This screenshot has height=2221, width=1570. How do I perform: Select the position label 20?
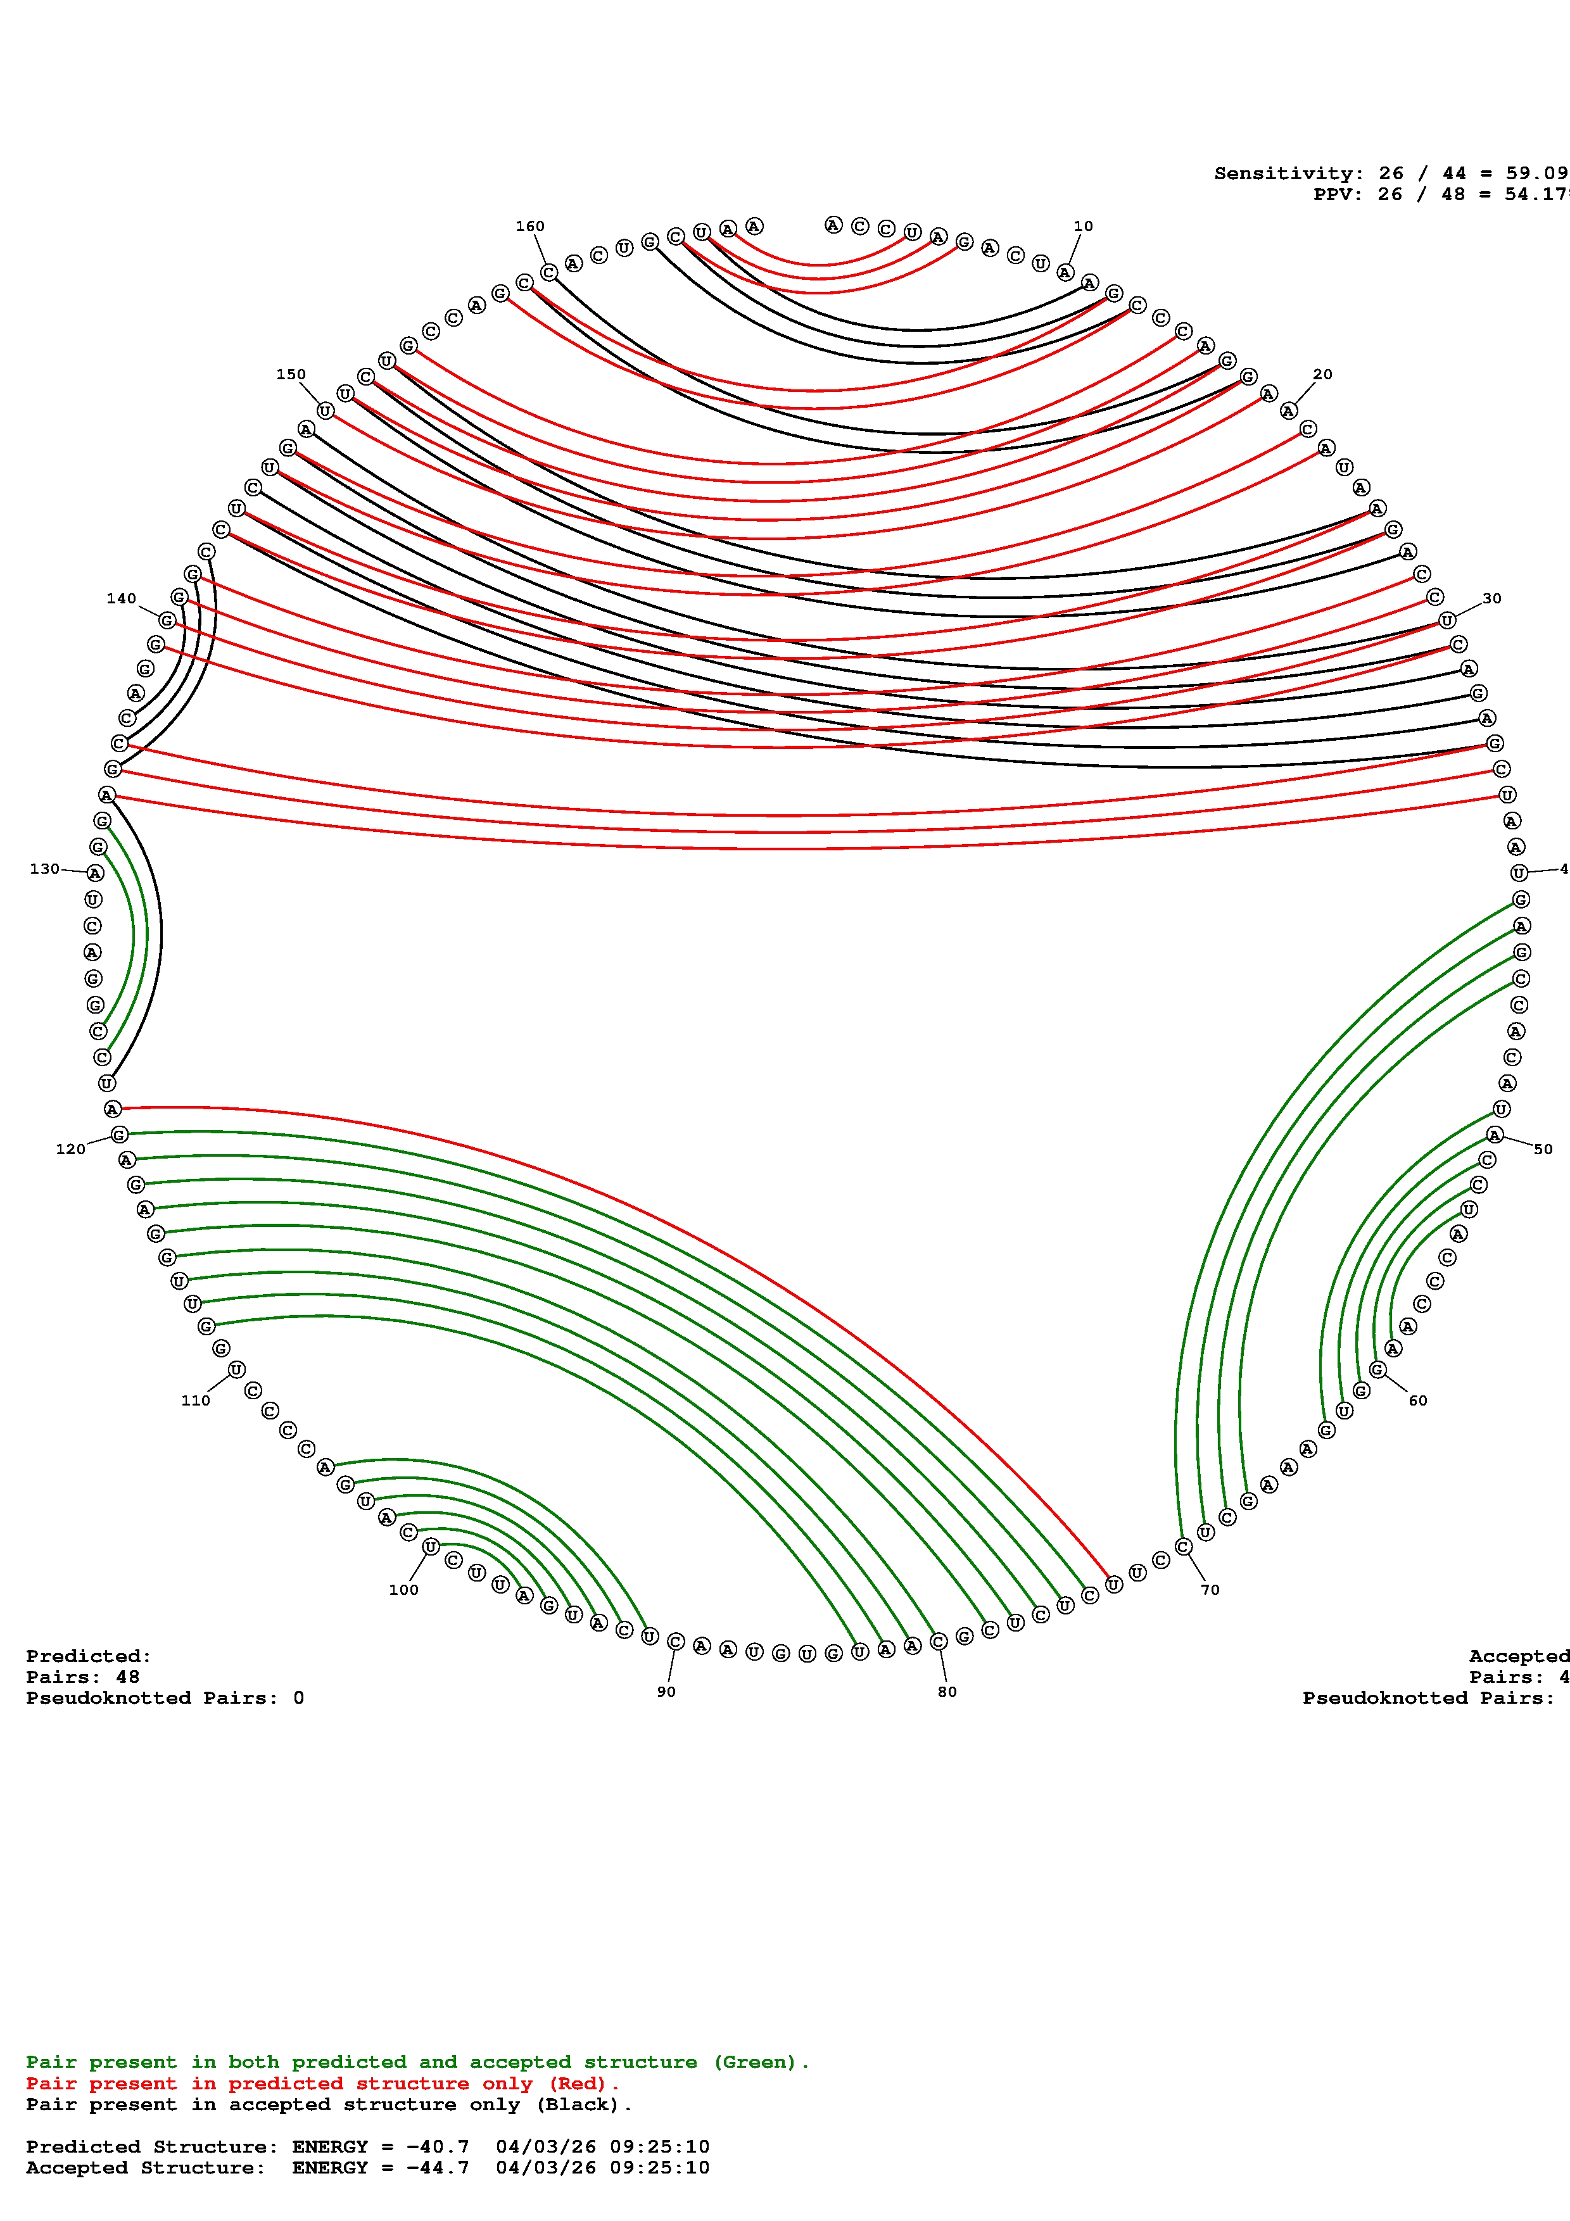coord(1322,374)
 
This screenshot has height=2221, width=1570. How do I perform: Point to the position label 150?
coord(290,374)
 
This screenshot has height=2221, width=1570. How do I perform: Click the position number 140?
coord(121,599)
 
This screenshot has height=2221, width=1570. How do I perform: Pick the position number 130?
coord(44,869)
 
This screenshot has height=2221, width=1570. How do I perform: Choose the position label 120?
coord(70,1149)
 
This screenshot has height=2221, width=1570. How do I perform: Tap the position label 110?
coord(196,1400)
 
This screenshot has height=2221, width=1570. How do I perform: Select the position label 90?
coord(666,1691)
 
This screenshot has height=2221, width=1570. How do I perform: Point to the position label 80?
coord(946,1691)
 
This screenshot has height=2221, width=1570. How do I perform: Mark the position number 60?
coord(1417,1400)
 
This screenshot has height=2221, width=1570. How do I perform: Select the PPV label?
coord(1335,194)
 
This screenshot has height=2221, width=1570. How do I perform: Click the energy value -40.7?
coord(437,2146)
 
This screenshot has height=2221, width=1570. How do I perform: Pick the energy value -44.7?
coord(437,2168)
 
